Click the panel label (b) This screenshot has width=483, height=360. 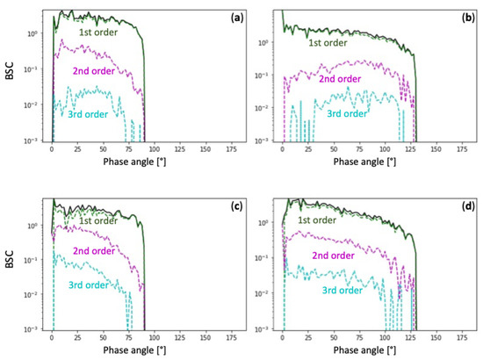point(463,17)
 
